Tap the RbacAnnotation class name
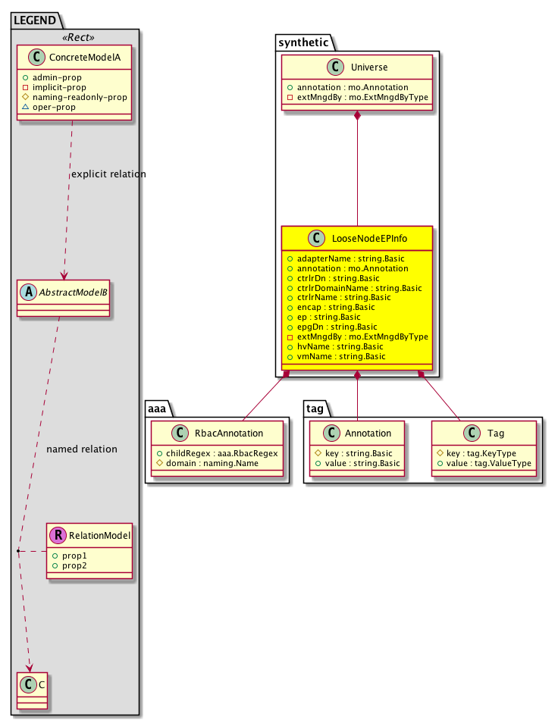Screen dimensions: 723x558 click(228, 433)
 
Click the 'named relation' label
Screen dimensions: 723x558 click(82, 449)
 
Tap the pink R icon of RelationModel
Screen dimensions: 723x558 click(58, 536)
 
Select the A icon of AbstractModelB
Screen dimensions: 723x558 click(28, 290)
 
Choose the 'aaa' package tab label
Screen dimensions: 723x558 click(157, 408)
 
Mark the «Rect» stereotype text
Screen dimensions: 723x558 click(74, 36)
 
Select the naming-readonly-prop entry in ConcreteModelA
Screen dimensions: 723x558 click(78, 97)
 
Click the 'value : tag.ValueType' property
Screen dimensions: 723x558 click(487, 462)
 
